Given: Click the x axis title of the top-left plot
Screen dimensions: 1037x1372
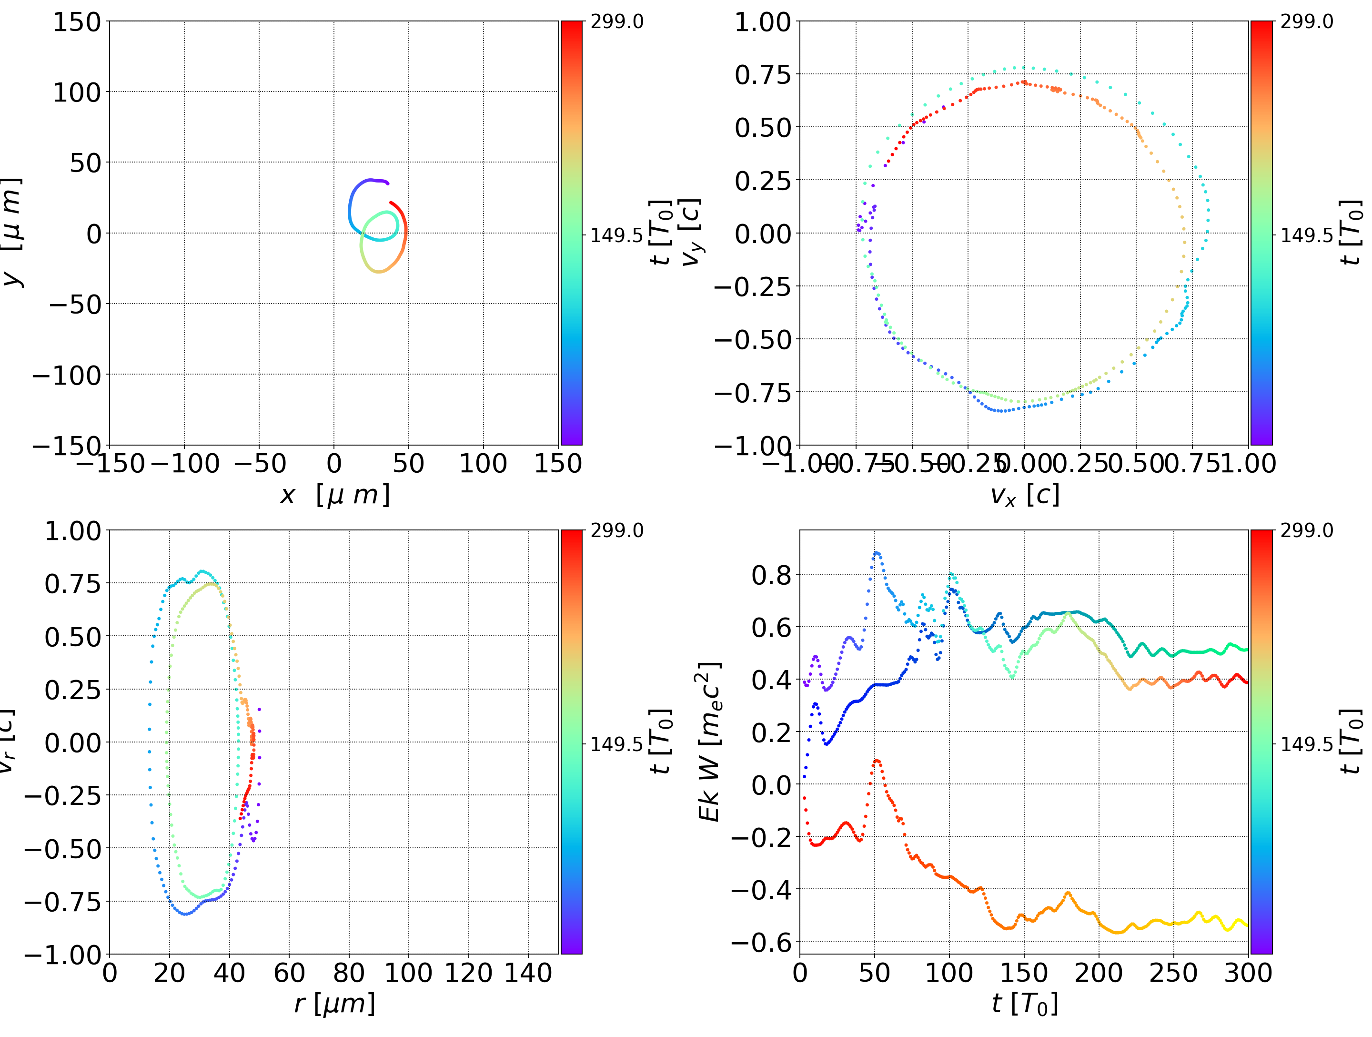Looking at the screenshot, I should point(335,495).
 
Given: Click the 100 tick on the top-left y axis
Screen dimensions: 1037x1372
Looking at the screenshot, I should point(76,92).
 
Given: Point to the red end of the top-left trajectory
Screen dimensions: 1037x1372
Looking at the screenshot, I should point(391,203).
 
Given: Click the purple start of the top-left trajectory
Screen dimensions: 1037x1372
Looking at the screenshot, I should point(388,183).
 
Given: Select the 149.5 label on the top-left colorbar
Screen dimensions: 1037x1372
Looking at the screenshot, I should point(616,235).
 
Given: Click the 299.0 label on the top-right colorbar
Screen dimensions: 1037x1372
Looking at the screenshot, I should point(1306,22).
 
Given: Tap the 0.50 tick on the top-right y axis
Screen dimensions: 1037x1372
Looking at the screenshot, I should point(763,128).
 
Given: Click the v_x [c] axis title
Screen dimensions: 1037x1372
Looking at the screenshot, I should point(1025,495).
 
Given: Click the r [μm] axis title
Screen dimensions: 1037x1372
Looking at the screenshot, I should point(335,1004).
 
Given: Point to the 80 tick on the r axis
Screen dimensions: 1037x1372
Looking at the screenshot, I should point(349,973).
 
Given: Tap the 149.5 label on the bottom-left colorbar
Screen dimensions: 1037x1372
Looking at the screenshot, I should point(616,743).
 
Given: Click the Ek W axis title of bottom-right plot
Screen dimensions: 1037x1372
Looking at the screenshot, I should point(709,742).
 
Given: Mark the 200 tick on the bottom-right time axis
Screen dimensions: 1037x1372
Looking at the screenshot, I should point(1099,973).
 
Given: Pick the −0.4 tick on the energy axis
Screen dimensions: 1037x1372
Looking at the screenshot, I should point(762,890).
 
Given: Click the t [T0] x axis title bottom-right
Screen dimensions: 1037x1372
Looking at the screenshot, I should point(1025,1004).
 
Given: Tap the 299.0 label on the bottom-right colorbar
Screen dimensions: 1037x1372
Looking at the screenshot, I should point(1306,530).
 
